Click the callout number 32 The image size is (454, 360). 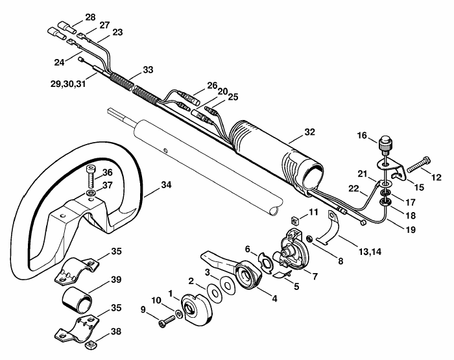[309, 132]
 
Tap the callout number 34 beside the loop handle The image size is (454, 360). [166, 185]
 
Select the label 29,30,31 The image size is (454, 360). [68, 84]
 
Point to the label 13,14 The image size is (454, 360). [370, 252]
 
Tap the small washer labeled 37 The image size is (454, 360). [91, 193]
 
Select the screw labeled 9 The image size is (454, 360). [167, 322]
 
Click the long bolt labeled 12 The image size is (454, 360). [418, 164]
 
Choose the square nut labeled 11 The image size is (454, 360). [294, 221]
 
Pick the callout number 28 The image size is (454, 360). [90, 18]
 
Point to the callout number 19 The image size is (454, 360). [411, 230]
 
